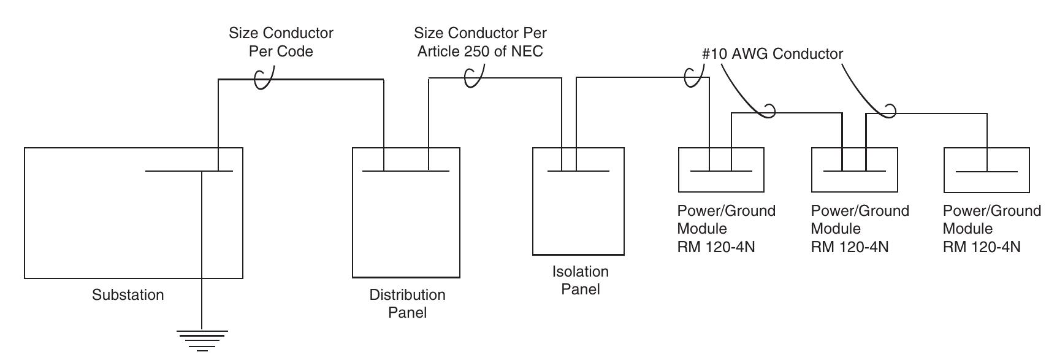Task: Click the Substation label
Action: point(128,295)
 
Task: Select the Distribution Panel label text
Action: point(407,304)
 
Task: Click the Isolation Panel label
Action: point(580,280)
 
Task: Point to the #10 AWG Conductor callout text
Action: point(772,54)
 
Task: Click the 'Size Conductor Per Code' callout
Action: point(281,42)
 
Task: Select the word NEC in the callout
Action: point(527,52)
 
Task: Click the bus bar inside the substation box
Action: point(189,170)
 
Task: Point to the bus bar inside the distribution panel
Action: point(406,170)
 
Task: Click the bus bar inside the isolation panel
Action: point(578,170)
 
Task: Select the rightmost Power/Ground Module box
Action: point(986,170)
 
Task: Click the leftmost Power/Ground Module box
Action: point(721,170)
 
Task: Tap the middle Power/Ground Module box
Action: point(854,170)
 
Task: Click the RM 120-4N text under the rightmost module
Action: point(982,247)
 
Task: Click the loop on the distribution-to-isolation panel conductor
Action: point(473,77)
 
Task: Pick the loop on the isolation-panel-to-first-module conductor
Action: point(694,77)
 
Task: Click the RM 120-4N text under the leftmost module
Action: point(716,247)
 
